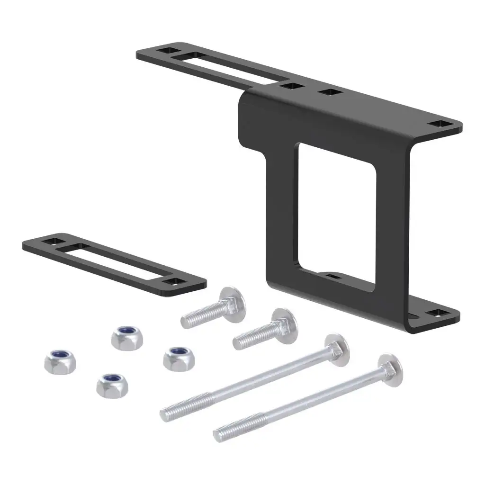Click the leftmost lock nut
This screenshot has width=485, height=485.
click(60, 361)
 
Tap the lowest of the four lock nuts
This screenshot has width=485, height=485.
click(112, 385)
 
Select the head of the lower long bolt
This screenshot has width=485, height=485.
click(389, 369)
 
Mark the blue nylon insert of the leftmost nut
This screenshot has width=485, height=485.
click(60, 356)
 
